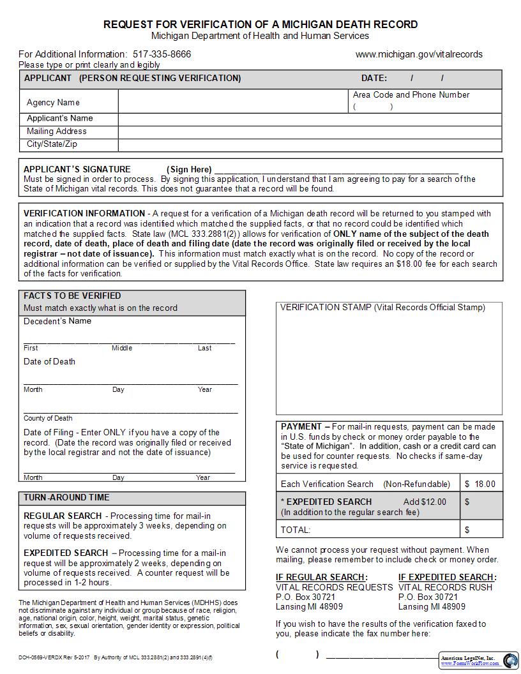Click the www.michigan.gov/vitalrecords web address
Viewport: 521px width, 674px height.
pos(419,54)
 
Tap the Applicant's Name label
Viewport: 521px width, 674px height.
pos(59,118)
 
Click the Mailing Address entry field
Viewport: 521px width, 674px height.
pos(310,131)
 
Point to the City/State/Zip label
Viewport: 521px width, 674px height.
pos(52,144)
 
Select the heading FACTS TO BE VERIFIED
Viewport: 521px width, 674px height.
pos(72,296)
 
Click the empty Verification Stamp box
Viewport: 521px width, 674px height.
pos(389,364)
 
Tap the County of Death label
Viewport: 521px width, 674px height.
pos(48,419)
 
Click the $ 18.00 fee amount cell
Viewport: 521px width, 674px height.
pos(480,484)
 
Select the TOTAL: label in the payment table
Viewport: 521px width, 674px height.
pos(296,530)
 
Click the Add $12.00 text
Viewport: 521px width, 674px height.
pos(425,502)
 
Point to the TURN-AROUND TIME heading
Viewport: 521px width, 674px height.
pos(66,497)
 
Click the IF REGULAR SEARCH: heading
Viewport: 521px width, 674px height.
pos(322,577)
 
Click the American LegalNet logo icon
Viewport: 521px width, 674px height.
pos(510,661)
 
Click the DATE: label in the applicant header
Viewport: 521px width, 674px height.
pos(374,79)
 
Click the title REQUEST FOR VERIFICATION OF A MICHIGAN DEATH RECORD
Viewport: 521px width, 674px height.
pos(260,24)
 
